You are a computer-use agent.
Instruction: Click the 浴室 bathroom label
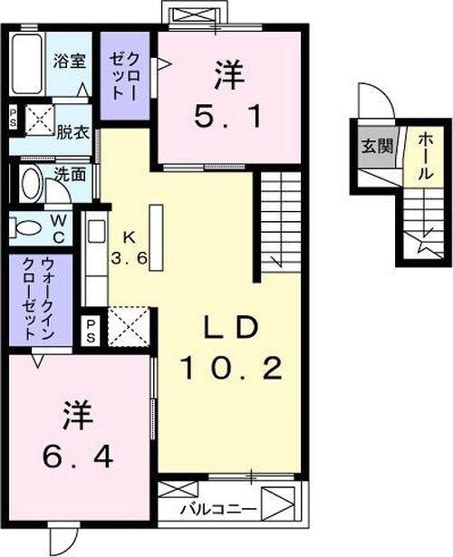(72, 65)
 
